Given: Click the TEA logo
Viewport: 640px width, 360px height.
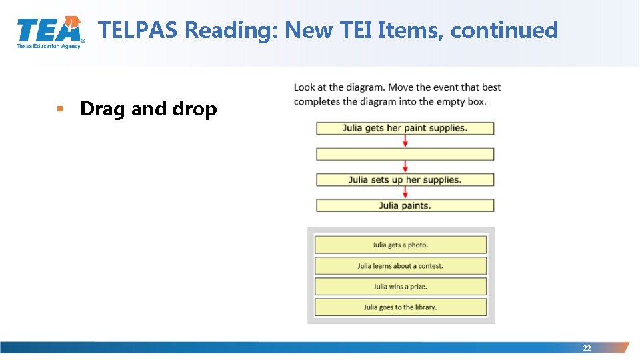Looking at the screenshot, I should pos(50,32).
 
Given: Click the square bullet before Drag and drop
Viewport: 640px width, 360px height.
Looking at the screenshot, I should pos(59,108).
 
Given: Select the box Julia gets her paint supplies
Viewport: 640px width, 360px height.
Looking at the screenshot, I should pos(405,128).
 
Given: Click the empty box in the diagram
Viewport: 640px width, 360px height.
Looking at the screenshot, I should pos(405,154).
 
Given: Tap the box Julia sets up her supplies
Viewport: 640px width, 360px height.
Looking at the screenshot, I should pos(405,179).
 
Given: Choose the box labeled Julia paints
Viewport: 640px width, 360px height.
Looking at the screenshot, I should pos(405,205).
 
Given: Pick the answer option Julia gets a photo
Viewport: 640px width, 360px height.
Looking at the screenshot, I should pos(400,245).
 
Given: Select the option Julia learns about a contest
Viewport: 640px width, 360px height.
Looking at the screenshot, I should pos(400,265).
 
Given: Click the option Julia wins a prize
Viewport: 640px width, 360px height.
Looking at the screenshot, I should pos(400,286).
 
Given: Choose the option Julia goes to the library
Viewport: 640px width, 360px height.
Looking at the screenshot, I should pos(400,307).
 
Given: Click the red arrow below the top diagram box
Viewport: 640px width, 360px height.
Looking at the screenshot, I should pos(405,141).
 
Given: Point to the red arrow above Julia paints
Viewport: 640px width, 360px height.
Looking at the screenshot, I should pos(405,193).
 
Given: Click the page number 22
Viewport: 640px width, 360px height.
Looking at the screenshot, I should pos(587,348).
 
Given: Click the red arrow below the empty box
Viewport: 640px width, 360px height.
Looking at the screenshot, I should pos(405,167).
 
